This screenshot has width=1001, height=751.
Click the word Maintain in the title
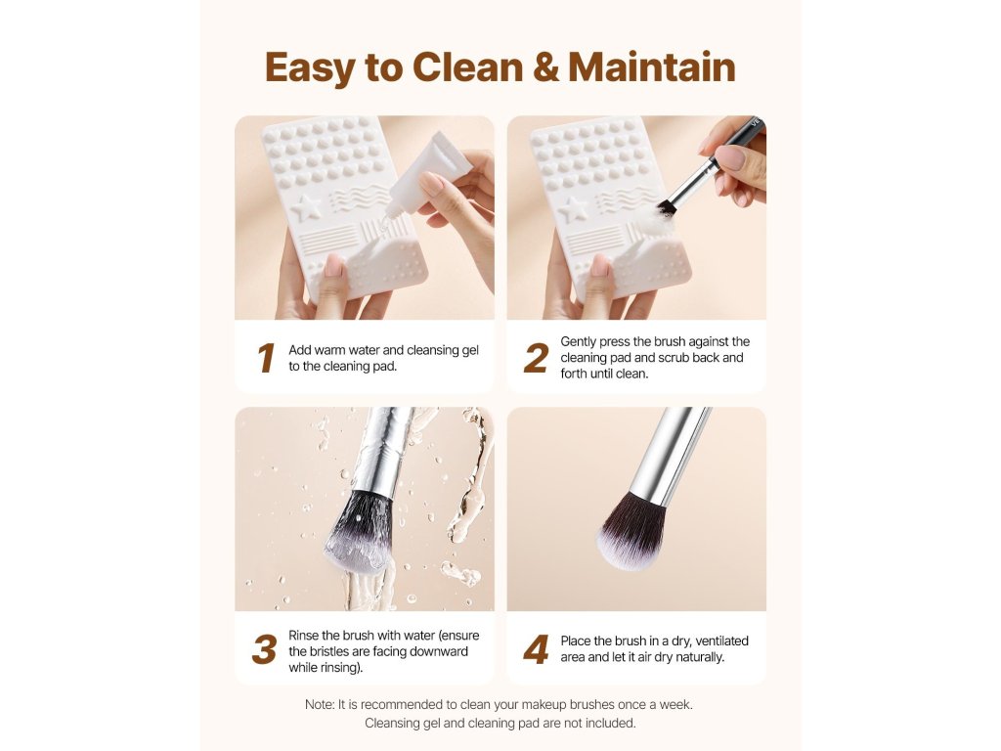(651, 67)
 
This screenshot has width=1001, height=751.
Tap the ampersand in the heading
(545, 67)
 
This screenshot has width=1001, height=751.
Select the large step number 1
(266, 358)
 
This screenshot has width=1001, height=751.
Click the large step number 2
(537, 358)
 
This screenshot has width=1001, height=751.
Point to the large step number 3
(264, 649)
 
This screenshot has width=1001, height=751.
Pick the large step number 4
(537, 649)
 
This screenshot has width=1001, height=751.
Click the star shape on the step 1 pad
(306, 207)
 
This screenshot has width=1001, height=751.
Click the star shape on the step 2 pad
(573, 209)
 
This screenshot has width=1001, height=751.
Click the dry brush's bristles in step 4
(633, 530)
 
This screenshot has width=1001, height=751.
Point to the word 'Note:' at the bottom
(320, 704)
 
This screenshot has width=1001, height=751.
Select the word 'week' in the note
(676, 704)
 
